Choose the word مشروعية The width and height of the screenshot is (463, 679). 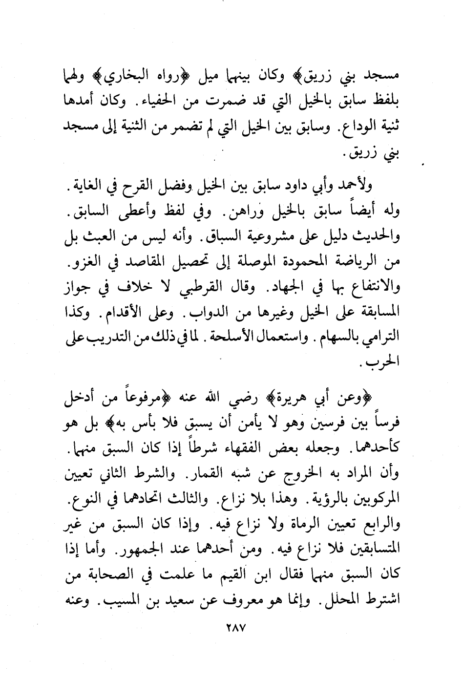tap(274, 237)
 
